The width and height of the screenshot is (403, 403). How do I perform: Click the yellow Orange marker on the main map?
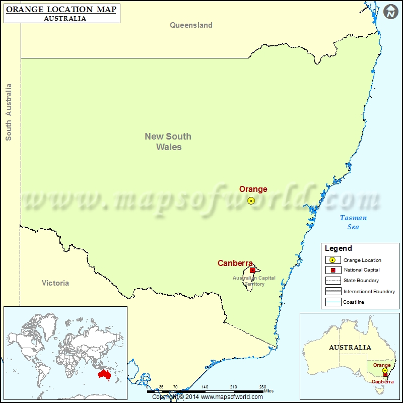click(251, 200)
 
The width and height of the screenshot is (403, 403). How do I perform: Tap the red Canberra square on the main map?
click(252, 270)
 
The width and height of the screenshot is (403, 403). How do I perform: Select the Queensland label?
click(191, 25)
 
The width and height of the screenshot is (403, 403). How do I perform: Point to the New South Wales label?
click(168, 142)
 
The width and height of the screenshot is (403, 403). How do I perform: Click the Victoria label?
click(55, 283)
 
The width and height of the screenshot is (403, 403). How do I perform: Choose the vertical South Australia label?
click(9, 112)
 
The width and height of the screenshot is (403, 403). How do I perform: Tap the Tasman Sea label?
click(353, 222)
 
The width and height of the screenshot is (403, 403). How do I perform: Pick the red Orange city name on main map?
click(253, 189)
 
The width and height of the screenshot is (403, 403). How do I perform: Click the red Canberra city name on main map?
click(235, 263)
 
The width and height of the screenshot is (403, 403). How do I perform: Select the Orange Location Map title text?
click(61, 10)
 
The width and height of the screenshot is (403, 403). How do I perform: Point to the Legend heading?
click(339, 248)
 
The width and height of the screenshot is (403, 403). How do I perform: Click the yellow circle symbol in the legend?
click(332, 260)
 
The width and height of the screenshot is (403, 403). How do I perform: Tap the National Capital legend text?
click(362, 270)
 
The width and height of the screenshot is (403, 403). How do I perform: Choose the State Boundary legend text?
click(361, 281)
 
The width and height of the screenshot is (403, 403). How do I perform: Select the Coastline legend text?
click(354, 302)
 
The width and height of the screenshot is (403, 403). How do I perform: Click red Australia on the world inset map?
click(105, 375)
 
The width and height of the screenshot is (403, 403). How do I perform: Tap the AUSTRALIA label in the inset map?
click(350, 348)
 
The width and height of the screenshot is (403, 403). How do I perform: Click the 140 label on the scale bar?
click(205, 387)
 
